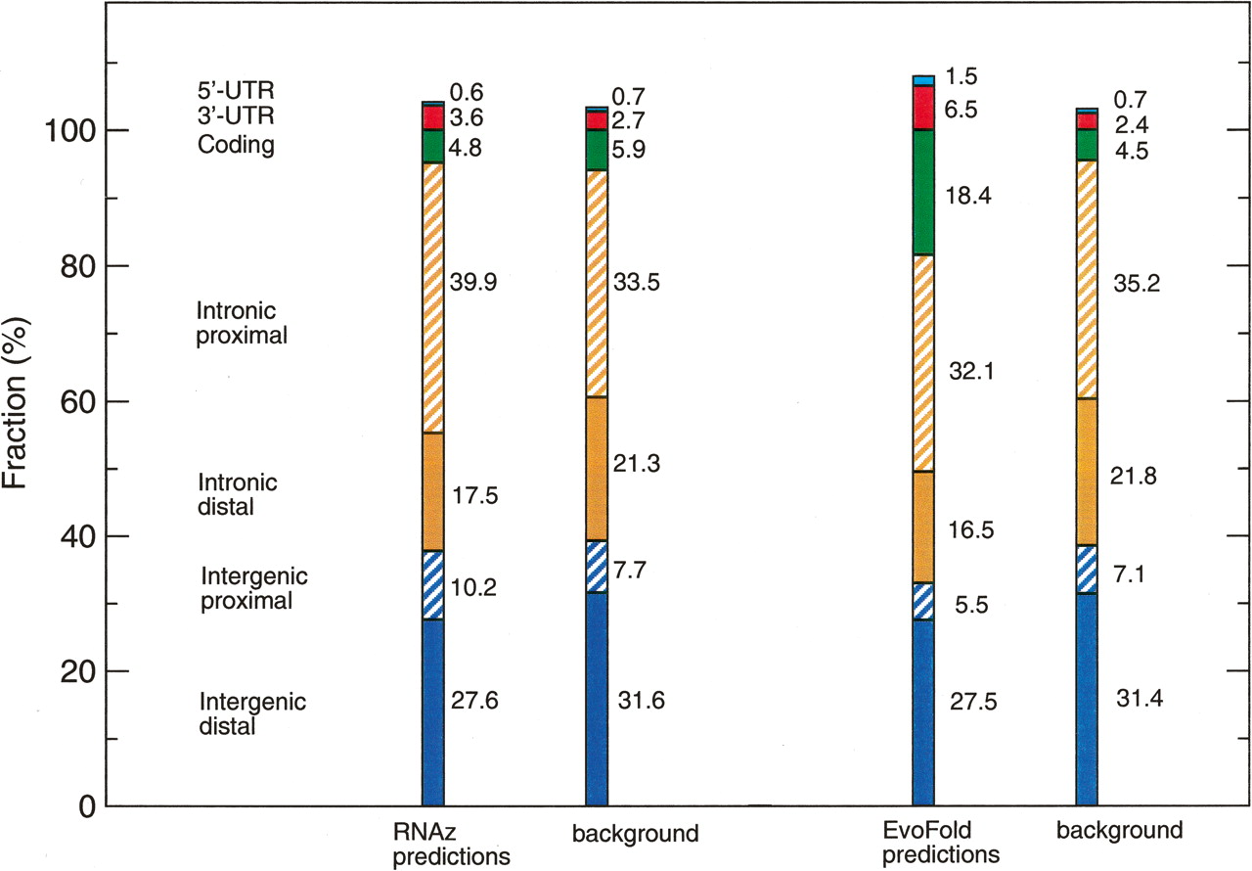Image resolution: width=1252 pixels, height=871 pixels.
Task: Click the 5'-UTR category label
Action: tap(234, 93)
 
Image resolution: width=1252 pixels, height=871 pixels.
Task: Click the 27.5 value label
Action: tap(972, 704)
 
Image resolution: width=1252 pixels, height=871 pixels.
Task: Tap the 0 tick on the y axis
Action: tap(83, 806)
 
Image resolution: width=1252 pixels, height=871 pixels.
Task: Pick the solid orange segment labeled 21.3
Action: tap(596, 469)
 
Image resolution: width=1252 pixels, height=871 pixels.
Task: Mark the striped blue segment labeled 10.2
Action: tap(433, 584)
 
